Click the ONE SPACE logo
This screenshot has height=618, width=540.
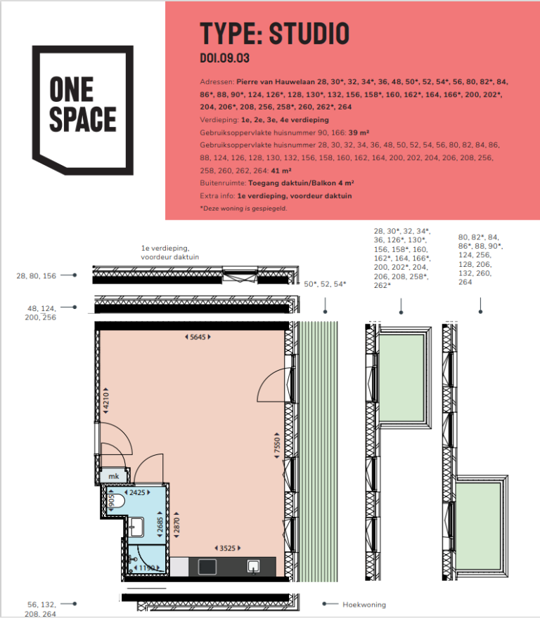[83, 110]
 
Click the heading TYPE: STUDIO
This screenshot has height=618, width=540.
[274, 33]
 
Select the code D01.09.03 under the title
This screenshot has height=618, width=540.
[225, 58]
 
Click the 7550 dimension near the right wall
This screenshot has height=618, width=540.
[278, 446]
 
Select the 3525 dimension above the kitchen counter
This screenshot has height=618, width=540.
[226, 547]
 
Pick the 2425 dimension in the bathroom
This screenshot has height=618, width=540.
[138, 492]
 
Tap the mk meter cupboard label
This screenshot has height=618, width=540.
[112, 477]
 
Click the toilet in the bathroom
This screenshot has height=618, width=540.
[118, 502]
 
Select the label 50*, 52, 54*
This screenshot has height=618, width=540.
[325, 284]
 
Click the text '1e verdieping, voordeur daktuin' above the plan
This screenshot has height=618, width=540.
[170, 253]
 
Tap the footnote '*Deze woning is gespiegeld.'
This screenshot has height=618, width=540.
[243, 209]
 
